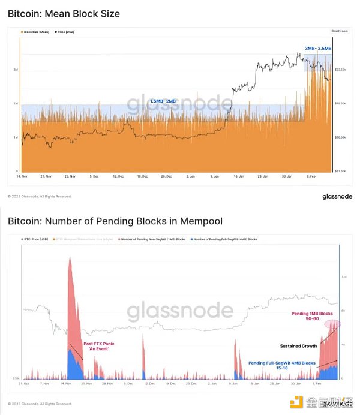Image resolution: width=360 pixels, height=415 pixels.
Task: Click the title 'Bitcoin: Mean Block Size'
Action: [x=64, y=14]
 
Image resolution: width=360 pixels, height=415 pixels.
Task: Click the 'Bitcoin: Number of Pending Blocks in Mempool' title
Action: [x=115, y=222]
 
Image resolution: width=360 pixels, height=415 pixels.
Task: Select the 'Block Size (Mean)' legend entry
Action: [x=36, y=31]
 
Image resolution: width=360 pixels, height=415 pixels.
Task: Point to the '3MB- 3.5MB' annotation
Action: [x=317, y=49]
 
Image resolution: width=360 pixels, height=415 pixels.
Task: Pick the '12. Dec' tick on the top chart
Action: [x=118, y=176]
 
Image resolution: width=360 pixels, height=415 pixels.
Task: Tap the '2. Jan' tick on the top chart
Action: [x=191, y=176]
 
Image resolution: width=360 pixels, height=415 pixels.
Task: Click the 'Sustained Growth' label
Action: [x=298, y=345]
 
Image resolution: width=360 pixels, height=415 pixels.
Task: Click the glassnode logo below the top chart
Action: [x=337, y=196]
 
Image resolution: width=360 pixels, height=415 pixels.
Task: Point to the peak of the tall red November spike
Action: [x=70, y=258]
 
